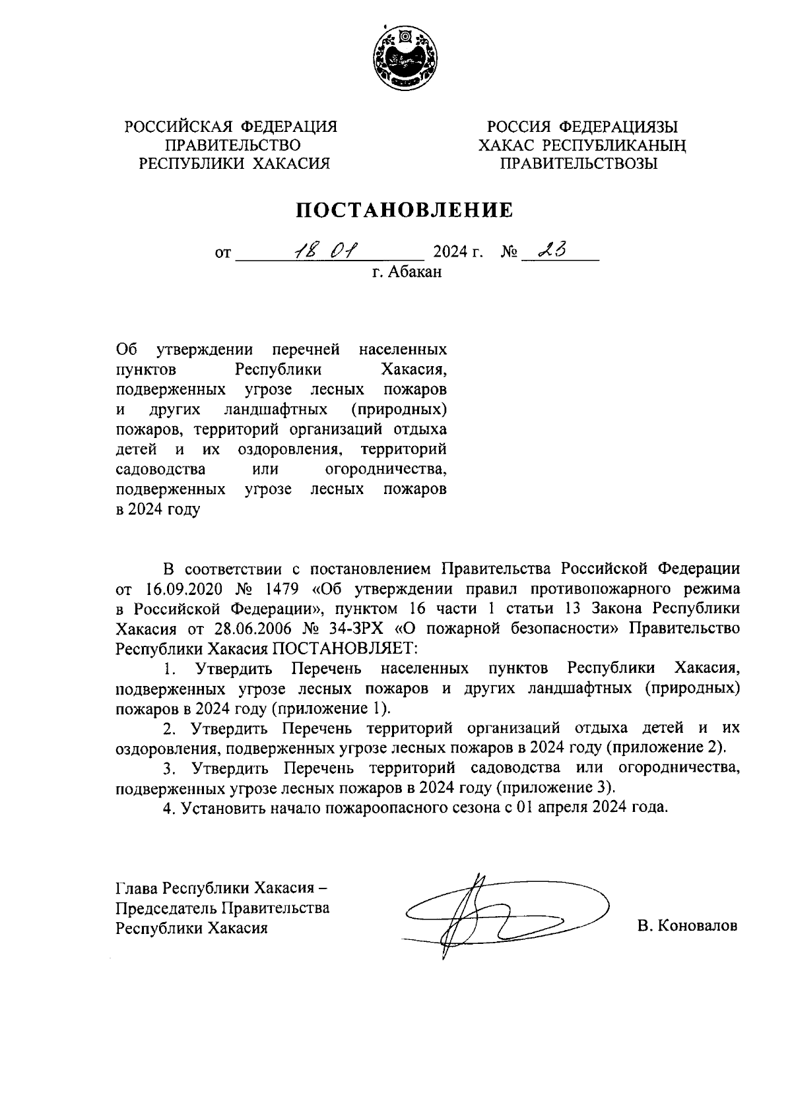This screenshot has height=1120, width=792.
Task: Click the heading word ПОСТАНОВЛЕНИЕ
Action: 404,210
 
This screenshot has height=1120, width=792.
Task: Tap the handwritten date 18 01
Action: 325,251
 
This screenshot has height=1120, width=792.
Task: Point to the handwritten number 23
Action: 554,251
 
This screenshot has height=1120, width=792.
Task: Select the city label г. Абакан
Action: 406,272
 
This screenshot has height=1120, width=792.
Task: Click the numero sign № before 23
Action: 509,253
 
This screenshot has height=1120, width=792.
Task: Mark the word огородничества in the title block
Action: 386,470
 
